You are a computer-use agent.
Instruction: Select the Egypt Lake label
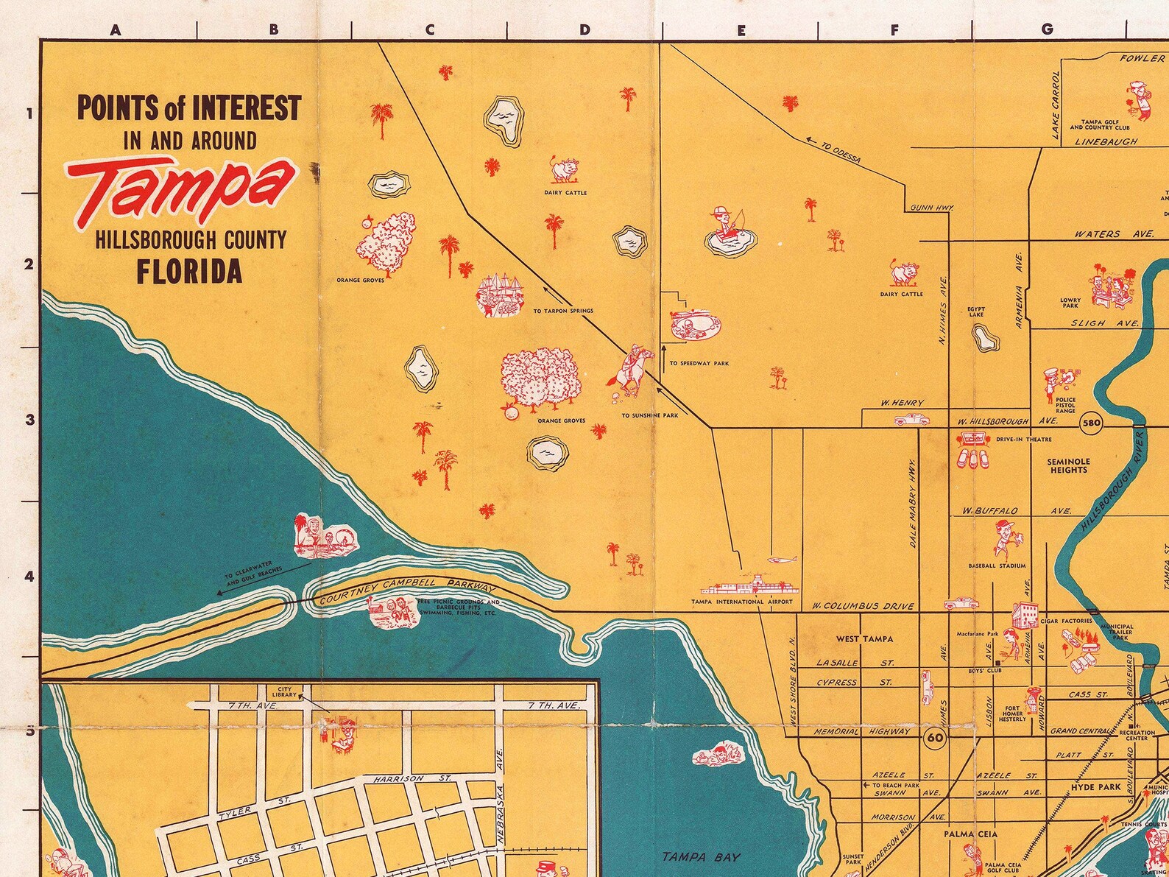point(976,311)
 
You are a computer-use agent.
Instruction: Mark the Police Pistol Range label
point(1065,406)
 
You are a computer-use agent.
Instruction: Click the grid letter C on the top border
point(428,30)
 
